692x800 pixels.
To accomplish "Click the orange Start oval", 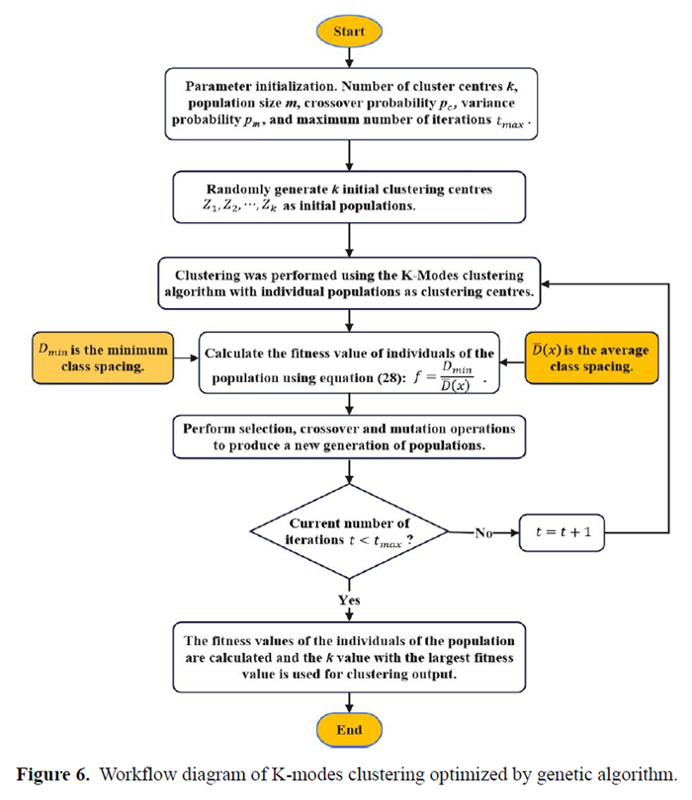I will (x=349, y=32).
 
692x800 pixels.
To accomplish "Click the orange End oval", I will (x=349, y=730).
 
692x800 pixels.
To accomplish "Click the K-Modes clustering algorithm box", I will (x=349, y=280).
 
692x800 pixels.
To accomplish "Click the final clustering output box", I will (x=349, y=656).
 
